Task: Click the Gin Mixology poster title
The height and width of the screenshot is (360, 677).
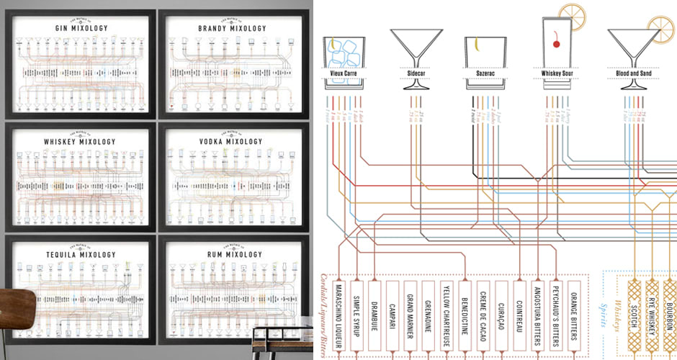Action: pos(81,28)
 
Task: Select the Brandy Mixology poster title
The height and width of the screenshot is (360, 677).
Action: pos(231,28)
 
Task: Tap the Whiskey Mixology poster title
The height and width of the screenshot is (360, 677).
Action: pos(81,142)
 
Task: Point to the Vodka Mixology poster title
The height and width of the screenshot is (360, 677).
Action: pos(231,142)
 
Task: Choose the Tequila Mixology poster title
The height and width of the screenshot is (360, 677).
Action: pos(81,254)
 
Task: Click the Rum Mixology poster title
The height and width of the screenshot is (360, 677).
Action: pos(231,254)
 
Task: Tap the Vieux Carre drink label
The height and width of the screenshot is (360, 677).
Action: pos(344,73)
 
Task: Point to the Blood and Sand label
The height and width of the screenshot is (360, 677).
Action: pos(634,73)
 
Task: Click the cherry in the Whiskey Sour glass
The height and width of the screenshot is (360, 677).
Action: pos(555,45)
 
